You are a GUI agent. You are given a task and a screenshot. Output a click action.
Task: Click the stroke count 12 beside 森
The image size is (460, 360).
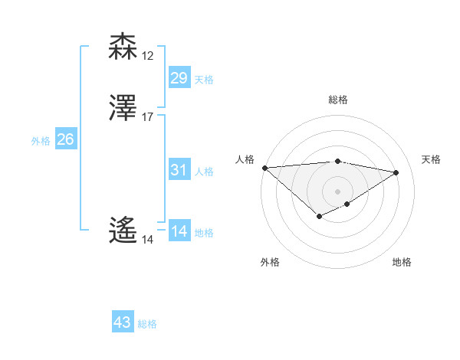(x=148, y=56)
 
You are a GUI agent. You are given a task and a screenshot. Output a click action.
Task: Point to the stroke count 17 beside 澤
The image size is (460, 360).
(x=148, y=117)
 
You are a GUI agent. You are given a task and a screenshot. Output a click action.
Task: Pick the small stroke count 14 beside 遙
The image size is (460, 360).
(x=147, y=240)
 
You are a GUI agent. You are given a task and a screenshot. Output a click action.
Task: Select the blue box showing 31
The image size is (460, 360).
(x=179, y=170)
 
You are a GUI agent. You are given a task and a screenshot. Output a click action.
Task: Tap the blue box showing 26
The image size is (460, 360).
(x=65, y=139)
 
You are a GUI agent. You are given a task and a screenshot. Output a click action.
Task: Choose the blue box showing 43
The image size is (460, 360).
(x=123, y=322)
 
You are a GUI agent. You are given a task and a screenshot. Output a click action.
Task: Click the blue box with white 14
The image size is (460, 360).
(x=179, y=231)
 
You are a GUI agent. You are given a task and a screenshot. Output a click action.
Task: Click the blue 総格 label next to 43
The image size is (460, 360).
(x=147, y=324)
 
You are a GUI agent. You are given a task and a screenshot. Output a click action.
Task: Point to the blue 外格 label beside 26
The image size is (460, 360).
(x=41, y=141)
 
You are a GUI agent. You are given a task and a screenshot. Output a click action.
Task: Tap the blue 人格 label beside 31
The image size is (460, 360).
(x=204, y=172)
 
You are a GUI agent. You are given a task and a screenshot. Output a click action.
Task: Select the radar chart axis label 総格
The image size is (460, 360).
(x=338, y=100)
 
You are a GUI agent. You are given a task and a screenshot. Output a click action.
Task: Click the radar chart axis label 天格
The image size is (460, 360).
(x=432, y=159)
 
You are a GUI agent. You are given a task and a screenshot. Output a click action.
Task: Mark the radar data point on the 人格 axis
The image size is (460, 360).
(x=264, y=168)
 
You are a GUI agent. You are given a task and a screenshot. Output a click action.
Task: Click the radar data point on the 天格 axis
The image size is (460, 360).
(x=396, y=172)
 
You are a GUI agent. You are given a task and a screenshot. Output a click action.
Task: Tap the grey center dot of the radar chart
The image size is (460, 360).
(x=338, y=191)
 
